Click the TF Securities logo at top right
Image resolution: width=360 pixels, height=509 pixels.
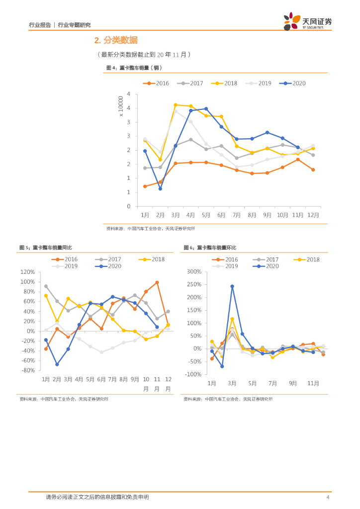pos(307,21)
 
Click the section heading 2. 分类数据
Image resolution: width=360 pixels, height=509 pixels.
pos(116,40)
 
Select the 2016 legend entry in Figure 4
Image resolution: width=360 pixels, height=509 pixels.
pos(156,84)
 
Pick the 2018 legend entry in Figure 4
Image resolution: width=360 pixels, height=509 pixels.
pos(224,84)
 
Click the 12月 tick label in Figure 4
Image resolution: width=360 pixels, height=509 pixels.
pos(313,215)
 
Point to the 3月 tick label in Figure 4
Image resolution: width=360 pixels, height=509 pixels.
pos(176,215)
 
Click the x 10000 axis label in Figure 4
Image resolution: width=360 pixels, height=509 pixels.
pos(121,107)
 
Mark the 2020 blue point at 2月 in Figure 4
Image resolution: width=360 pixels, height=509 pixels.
pos(160,189)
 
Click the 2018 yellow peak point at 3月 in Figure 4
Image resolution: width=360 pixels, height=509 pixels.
pos(176,105)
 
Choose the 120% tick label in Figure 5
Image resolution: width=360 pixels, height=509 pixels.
pos(27,272)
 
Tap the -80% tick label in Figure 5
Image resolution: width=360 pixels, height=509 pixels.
pos(27,370)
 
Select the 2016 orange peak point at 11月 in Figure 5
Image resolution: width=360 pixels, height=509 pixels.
pos(157,282)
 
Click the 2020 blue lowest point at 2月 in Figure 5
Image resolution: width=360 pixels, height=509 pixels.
pos(57,364)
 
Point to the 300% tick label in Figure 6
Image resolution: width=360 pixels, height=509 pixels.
pos(193,272)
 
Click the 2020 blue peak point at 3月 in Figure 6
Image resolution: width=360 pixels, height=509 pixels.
pos(232,286)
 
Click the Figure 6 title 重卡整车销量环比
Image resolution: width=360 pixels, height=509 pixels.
pos(216,248)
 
